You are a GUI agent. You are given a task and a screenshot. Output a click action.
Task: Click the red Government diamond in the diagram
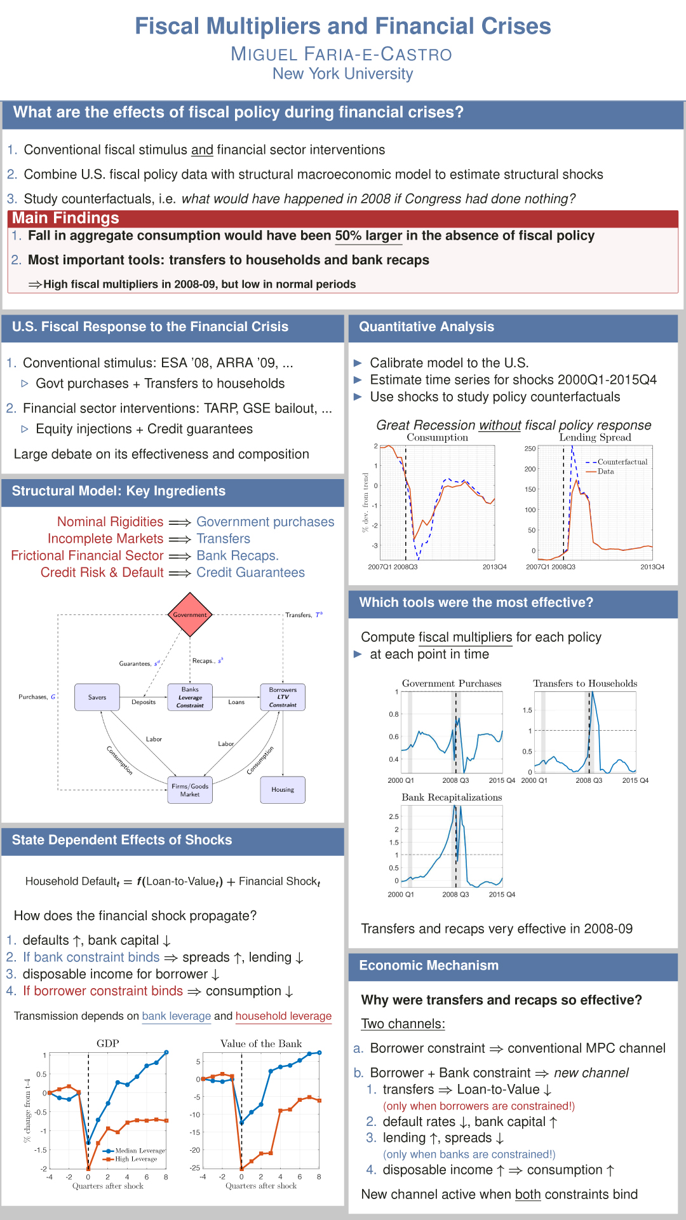pyautogui.click(x=190, y=614)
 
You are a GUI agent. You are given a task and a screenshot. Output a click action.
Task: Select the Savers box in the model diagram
pyautogui.click(x=97, y=697)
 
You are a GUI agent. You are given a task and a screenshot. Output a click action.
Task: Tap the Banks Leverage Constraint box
pyautogui.click(x=190, y=697)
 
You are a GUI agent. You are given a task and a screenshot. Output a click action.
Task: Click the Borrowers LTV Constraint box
pyautogui.click(x=283, y=697)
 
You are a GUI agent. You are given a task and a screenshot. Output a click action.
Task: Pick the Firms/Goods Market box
pyautogui.click(x=190, y=790)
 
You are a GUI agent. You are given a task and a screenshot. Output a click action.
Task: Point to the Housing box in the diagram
pyautogui.click(x=283, y=790)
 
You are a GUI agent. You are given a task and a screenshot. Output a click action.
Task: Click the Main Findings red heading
pyautogui.click(x=65, y=218)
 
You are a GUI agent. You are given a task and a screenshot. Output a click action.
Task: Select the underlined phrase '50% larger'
pyautogui.click(x=368, y=236)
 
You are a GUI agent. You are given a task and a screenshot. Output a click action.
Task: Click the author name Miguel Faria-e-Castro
pyautogui.click(x=342, y=54)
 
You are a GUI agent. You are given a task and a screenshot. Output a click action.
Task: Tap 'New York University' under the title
pyautogui.click(x=343, y=74)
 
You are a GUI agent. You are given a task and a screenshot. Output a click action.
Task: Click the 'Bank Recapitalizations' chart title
pyautogui.click(x=452, y=797)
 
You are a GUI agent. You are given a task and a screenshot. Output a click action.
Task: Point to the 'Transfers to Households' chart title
pyautogui.click(x=585, y=684)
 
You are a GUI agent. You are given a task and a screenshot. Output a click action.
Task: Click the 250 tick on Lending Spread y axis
pyautogui.click(x=530, y=449)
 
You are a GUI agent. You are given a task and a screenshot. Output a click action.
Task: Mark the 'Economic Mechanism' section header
pyautogui.click(x=429, y=965)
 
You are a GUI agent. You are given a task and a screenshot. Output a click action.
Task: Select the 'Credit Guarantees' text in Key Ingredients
pyautogui.click(x=250, y=573)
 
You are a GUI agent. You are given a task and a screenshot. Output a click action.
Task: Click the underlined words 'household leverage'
pyautogui.click(x=283, y=1016)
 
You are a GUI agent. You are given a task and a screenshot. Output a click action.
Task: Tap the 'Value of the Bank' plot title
pyautogui.click(x=261, y=1043)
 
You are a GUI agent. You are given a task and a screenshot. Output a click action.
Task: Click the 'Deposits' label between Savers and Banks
pyautogui.click(x=144, y=702)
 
